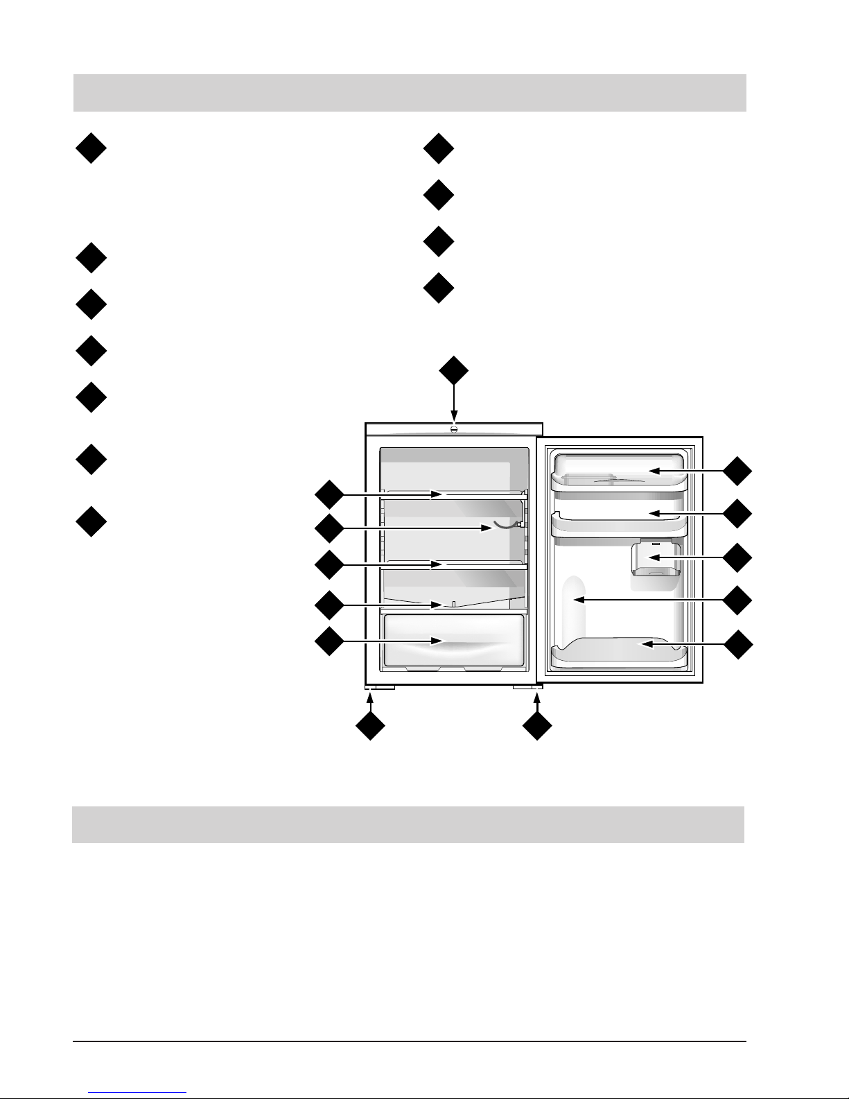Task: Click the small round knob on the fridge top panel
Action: [454, 429]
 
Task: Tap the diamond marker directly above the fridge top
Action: [454, 371]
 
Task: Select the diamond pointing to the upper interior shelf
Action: [329, 494]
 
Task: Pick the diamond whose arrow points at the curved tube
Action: [329, 529]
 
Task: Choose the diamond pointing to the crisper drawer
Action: [329, 641]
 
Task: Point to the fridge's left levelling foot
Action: [380, 688]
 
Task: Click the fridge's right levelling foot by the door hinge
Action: [526, 688]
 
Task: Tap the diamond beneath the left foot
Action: [370, 727]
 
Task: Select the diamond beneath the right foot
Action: [537, 727]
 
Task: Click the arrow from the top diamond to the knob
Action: [454, 403]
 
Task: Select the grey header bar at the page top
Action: [410, 92]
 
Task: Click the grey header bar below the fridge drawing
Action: [408, 824]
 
